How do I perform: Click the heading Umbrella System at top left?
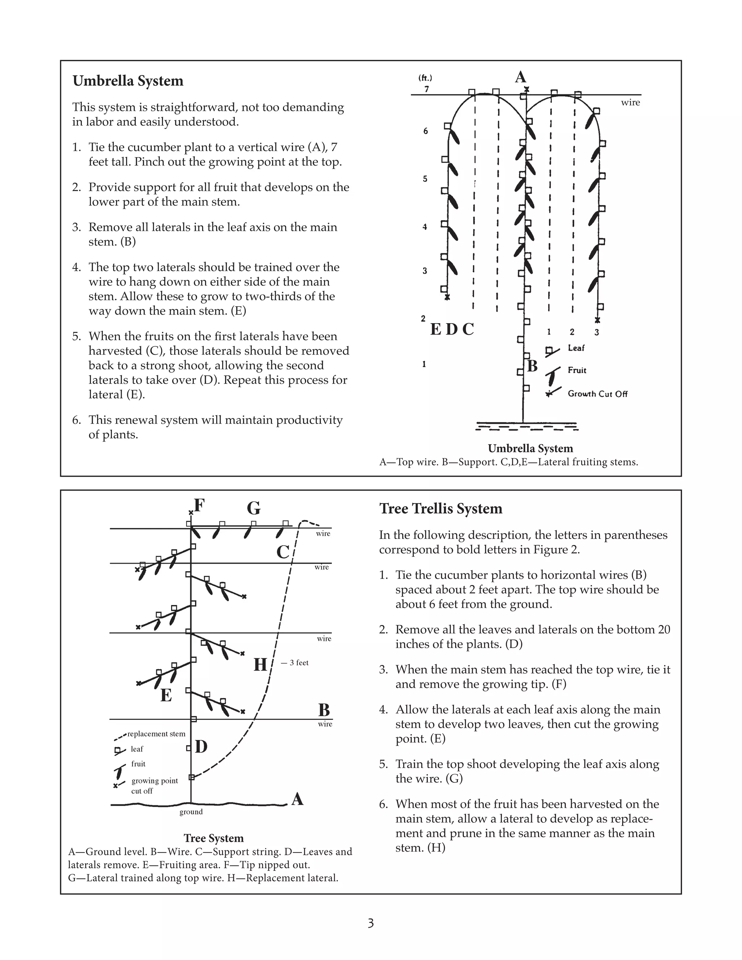(128, 81)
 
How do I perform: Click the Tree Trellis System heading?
(441, 509)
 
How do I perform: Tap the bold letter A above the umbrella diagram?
(521, 78)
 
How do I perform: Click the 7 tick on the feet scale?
(426, 89)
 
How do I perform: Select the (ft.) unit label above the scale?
(425, 78)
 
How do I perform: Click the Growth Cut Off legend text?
(597, 394)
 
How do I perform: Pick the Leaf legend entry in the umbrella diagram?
(576, 348)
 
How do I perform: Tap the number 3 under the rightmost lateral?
(596, 332)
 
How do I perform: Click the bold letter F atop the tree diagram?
(199, 506)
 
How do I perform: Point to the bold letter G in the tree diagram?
(254, 509)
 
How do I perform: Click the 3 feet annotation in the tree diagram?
(299, 663)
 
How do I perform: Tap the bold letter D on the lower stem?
(201, 747)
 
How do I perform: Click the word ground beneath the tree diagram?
(191, 812)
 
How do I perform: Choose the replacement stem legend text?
(156, 734)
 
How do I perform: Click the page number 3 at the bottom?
(371, 923)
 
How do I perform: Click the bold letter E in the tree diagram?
(166, 696)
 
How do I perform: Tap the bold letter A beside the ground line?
(297, 799)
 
